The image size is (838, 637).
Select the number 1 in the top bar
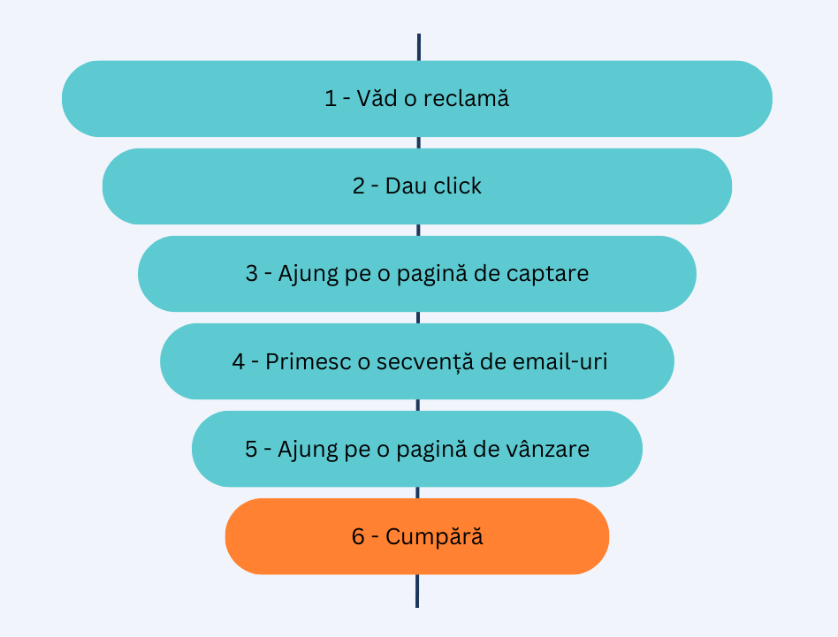click(x=331, y=99)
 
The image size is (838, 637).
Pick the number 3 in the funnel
click(x=252, y=274)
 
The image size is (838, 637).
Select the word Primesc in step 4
click(x=304, y=361)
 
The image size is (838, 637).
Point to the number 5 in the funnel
click(x=252, y=449)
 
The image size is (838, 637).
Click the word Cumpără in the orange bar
click(x=434, y=537)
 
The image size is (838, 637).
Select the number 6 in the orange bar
click(x=358, y=536)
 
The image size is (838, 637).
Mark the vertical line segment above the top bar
click(x=418, y=47)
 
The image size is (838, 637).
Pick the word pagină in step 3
click(x=442, y=275)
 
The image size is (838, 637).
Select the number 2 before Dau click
click(x=358, y=186)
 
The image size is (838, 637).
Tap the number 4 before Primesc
click(x=239, y=361)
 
